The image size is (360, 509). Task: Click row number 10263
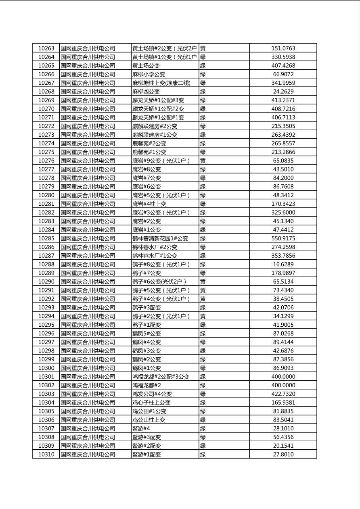tap(46, 48)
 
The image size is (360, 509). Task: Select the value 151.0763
tap(283, 48)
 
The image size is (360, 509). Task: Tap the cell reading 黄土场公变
tap(146, 66)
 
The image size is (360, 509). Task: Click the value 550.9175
tap(283, 238)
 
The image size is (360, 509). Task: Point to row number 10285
tap(46, 238)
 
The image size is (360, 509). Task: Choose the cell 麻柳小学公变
tap(149, 74)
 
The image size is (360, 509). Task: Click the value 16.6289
tap(283, 264)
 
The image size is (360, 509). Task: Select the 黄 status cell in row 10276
tap(203, 161)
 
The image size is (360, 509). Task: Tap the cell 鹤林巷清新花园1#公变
tap(160, 238)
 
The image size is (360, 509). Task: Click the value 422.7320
tap(283, 394)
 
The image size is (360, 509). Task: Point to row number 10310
tap(46, 455)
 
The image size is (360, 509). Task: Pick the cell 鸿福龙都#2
tap(147, 385)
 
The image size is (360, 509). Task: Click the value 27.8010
tap(283, 455)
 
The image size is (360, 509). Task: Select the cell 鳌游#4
tap(141, 428)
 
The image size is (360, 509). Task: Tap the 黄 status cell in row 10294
tap(203, 316)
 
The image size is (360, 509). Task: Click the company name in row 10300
tap(88, 368)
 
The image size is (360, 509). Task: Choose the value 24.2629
tap(283, 92)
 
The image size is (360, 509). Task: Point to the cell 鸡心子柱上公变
tap(151, 403)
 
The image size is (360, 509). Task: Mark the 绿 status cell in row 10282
tap(203, 213)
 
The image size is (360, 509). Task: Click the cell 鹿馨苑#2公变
tap(149, 143)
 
